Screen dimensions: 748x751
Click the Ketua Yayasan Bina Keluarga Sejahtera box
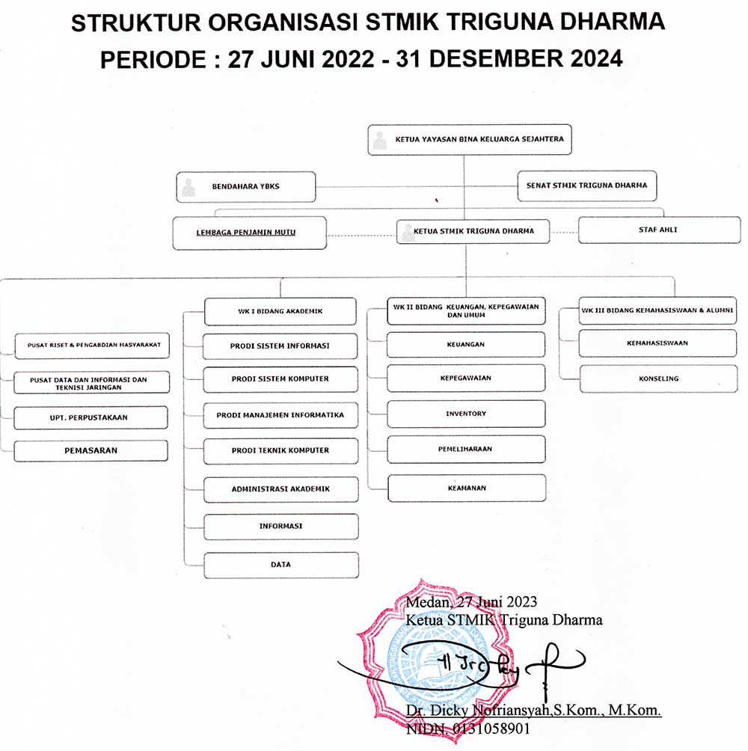click(x=469, y=139)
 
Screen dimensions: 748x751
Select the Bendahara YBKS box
click(x=245, y=187)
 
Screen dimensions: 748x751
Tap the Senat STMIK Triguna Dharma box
click(x=586, y=186)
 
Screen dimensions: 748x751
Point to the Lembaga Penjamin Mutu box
click(x=250, y=233)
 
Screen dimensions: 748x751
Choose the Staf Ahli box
click(x=660, y=230)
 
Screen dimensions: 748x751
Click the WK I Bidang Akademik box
click(x=280, y=311)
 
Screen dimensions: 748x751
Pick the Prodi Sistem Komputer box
click(x=280, y=379)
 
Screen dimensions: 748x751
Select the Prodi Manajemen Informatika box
click(x=280, y=415)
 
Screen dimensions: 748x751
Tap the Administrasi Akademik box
click(x=281, y=489)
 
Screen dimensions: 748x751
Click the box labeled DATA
click(x=281, y=565)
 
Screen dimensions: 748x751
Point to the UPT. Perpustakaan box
click(x=91, y=417)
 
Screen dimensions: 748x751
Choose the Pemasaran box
click(x=91, y=451)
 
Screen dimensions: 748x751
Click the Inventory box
click(x=466, y=414)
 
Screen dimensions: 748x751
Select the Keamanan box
click(x=467, y=488)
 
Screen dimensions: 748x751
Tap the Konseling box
click(x=658, y=378)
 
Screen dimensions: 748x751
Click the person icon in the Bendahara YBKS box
click(x=188, y=188)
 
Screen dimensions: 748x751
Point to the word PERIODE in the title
click(x=153, y=60)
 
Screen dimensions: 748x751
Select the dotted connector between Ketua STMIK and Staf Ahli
click(x=564, y=233)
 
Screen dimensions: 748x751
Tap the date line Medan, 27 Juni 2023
click(x=471, y=602)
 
